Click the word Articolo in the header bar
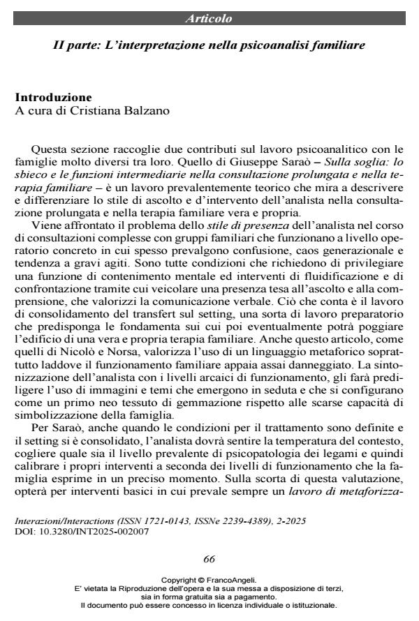coord(209,18)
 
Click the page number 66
coord(209,559)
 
